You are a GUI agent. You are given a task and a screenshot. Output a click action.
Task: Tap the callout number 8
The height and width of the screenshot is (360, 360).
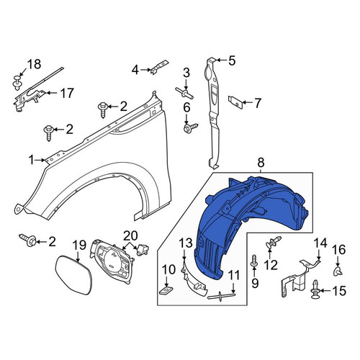click(261, 163)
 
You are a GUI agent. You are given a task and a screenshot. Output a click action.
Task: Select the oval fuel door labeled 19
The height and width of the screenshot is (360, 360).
click(73, 275)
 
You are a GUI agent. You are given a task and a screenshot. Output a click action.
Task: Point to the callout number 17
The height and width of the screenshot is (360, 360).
click(66, 93)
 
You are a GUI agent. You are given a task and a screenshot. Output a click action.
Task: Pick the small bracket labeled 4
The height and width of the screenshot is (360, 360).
click(159, 67)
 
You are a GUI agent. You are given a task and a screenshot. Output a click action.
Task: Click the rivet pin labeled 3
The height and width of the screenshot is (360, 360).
click(184, 94)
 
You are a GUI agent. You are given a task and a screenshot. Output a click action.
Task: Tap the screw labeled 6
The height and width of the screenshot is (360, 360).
click(191, 127)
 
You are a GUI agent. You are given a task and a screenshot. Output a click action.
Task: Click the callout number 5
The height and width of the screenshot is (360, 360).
click(232, 60)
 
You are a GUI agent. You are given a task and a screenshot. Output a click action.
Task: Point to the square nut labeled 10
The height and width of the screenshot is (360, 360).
click(167, 291)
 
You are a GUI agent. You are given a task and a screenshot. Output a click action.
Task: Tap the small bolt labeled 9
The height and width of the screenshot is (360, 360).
click(254, 261)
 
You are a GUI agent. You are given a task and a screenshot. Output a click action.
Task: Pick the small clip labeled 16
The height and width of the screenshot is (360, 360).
click(338, 271)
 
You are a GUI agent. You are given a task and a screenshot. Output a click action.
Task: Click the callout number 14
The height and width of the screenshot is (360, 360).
click(320, 243)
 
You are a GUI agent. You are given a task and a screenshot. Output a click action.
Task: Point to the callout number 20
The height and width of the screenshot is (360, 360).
click(131, 235)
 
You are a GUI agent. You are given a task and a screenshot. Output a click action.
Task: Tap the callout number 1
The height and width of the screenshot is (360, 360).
click(32, 160)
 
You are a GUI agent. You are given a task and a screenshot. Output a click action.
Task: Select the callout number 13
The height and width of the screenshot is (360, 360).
click(186, 243)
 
